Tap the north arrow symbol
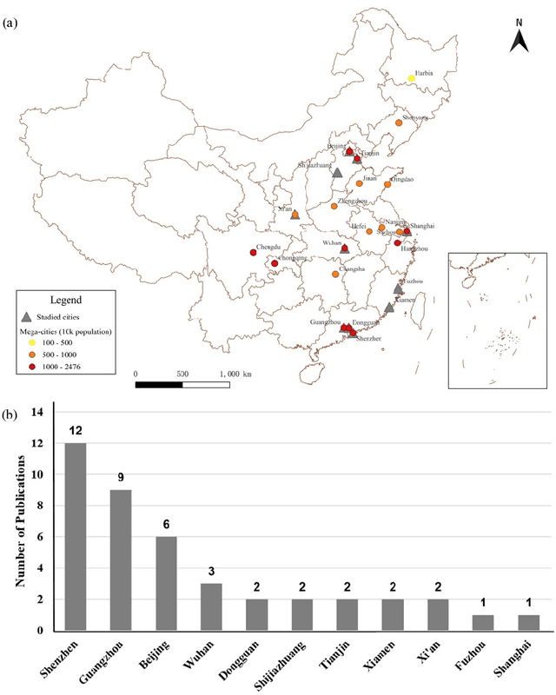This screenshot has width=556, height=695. point(519,38)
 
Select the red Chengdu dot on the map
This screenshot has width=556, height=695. point(253,253)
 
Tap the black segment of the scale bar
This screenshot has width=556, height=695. point(159,383)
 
